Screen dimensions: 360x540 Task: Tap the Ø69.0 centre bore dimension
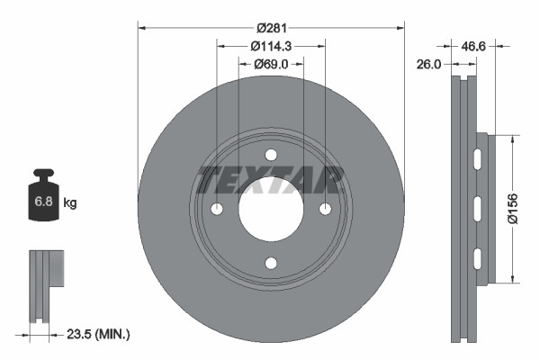click(270, 64)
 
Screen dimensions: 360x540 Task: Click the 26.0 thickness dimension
click(430, 64)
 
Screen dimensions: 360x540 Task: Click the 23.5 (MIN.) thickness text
click(99, 334)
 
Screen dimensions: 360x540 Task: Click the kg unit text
click(70, 203)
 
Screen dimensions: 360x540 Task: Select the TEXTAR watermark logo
click(271, 180)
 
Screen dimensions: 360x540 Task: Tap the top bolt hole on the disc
click(271, 154)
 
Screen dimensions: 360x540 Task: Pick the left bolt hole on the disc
click(216, 209)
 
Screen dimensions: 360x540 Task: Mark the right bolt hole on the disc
click(326, 209)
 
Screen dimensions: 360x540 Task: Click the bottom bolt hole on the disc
click(271, 264)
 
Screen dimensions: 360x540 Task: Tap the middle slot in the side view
click(478, 209)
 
